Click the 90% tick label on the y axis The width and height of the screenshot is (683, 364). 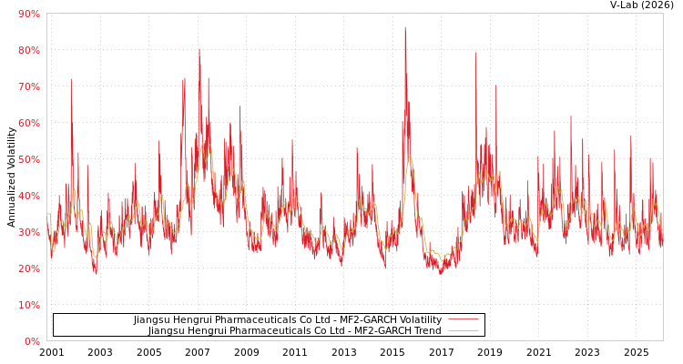(28, 14)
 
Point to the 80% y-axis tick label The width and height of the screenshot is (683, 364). (28, 50)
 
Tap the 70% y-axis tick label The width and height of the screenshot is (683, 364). (28, 86)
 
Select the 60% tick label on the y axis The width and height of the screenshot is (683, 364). (28, 123)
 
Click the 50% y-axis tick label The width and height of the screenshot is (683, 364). (28, 159)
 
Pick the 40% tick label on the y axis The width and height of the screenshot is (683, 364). (28, 196)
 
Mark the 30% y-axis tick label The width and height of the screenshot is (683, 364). (28, 232)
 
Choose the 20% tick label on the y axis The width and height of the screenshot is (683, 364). (28, 268)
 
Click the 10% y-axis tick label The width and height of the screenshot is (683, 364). (28, 305)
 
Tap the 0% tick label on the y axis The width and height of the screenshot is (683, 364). (31, 341)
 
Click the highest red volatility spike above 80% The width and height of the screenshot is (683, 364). (405, 28)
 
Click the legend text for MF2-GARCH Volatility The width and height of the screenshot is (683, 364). (288, 320)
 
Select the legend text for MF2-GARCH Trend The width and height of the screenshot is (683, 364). (295, 331)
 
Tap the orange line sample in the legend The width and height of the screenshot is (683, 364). (464, 331)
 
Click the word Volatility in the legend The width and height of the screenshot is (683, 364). (419, 320)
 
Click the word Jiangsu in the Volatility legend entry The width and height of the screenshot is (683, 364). (153, 320)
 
